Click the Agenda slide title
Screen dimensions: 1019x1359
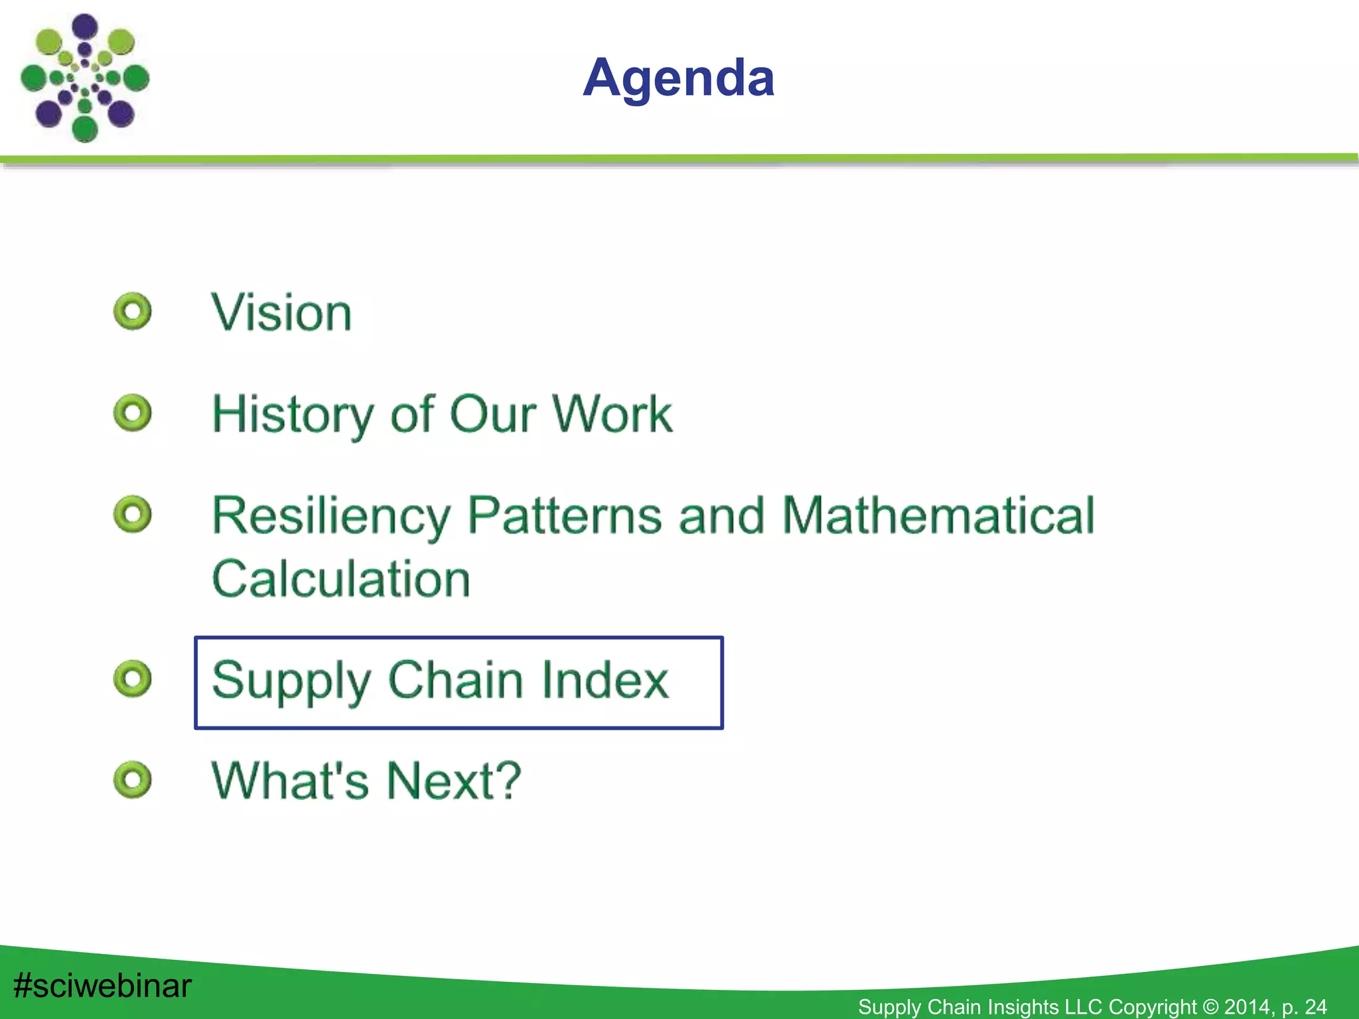[678, 78]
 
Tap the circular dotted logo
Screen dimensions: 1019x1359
[85, 78]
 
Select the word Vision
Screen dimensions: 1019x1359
[281, 312]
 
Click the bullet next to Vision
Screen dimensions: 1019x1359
[133, 311]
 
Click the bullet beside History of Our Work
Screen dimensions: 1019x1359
[133, 413]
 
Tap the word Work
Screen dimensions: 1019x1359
[612, 415]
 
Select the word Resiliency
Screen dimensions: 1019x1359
[330, 516]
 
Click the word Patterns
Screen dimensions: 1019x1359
[565, 516]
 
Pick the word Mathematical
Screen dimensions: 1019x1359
[938, 516]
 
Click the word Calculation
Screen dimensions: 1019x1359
[341, 579]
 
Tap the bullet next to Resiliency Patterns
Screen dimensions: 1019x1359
[133, 514]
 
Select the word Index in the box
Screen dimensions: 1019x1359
[603, 680]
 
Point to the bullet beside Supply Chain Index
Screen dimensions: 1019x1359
[133, 678]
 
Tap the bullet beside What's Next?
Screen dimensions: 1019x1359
[133, 780]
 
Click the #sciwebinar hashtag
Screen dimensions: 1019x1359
[102, 986]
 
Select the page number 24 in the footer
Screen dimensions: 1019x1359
[1316, 1007]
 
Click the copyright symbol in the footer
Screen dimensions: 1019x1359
[1210, 1007]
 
